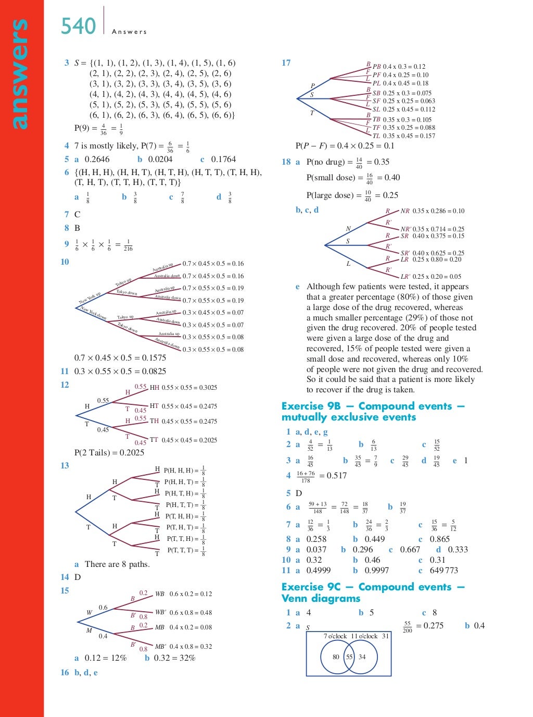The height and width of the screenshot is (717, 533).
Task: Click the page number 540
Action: (x=79, y=26)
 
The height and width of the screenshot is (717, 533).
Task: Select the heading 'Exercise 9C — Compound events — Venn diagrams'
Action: (x=373, y=592)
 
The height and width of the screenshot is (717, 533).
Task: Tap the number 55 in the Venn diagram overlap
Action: (x=349, y=657)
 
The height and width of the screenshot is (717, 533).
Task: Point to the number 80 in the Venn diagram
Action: (x=336, y=657)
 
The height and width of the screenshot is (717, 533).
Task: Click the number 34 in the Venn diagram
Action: (x=362, y=657)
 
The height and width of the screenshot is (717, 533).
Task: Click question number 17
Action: (x=286, y=63)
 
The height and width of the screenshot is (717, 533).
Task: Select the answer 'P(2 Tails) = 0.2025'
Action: (x=109, y=452)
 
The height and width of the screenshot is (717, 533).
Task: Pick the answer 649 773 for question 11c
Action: (x=444, y=571)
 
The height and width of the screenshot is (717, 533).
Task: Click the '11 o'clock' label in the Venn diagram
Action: (x=364, y=636)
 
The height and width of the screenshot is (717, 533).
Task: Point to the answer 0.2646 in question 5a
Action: (x=97, y=159)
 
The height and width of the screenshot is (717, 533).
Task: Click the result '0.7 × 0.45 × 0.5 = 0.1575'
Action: (x=120, y=358)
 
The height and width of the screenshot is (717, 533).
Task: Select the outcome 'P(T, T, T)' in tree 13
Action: (x=180, y=550)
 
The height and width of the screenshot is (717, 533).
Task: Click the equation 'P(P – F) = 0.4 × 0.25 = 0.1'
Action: (x=345, y=146)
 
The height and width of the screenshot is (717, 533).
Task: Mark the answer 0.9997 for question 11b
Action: (x=377, y=571)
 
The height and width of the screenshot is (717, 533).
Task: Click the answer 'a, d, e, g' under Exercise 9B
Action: (x=312, y=432)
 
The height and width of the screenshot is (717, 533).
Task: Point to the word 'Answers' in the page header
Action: (x=130, y=32)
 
